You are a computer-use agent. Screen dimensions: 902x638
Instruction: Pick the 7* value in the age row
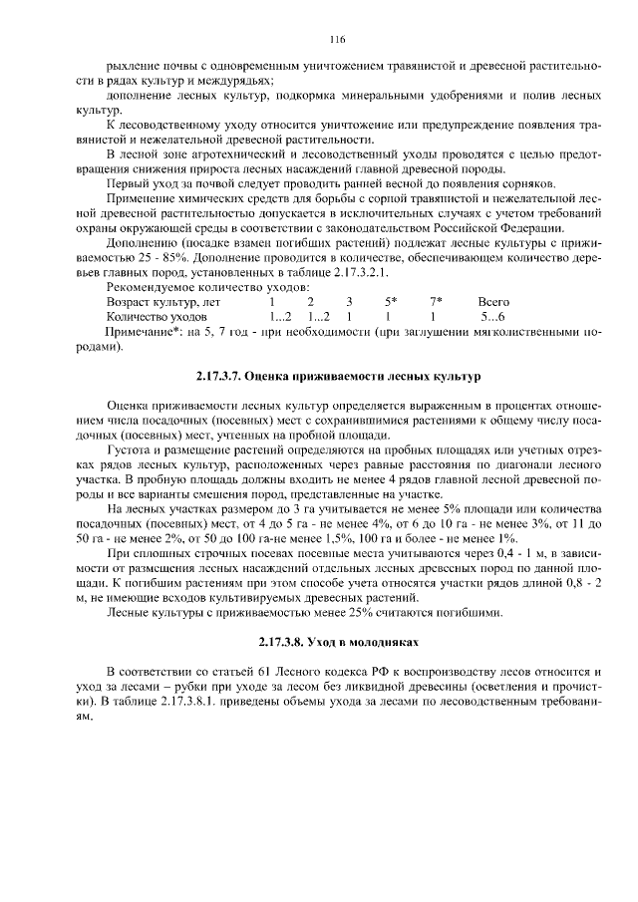coord(436,301)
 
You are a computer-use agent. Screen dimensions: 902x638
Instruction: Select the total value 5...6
coord(492,316)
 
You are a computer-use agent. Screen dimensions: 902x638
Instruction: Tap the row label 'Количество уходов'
coord(157,316)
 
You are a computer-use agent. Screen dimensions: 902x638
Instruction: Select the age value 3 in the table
coord(349,301)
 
